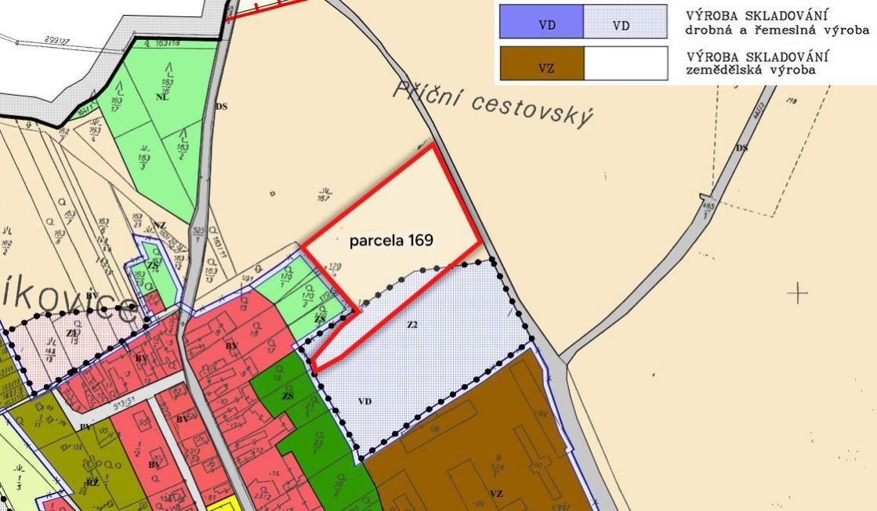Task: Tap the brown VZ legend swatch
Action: pos(542,63)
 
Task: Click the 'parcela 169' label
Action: pos(391,240)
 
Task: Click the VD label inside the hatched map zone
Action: pos(364,401)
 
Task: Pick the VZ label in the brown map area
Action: pos(495,493)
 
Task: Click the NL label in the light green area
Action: pos(162,97)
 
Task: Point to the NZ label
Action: pos(160,225)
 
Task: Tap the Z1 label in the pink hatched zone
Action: pos(72,334)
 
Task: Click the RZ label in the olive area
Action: pos(92,483)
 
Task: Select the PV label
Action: pos(85,427)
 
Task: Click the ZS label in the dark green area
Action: pos(288,397)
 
